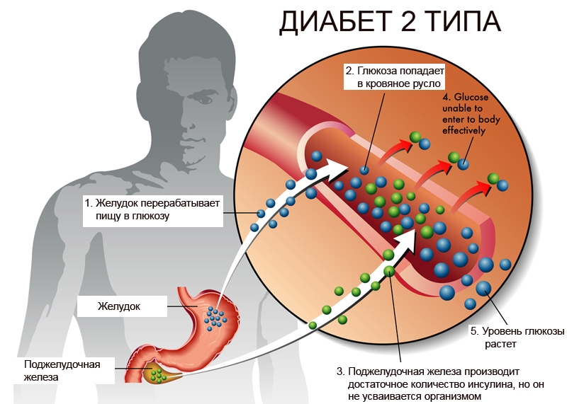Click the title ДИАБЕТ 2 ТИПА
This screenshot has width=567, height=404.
pos(390,23)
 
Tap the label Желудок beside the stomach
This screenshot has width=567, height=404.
pos(118,306)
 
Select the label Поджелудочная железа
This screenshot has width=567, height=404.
pos(62,371)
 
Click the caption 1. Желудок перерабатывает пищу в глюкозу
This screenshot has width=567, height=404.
pos(152,209)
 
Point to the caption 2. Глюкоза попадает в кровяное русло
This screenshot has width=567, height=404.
pos(395,77)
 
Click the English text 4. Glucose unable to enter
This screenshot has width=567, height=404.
pos(471,114)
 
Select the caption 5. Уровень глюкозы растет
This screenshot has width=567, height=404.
pos(517,337)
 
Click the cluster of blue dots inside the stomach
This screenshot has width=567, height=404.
pos(215,318)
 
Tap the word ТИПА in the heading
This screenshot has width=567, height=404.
pos(466,23)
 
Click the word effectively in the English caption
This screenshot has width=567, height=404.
pos(464,130)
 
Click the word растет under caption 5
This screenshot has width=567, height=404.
pos(500,344)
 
